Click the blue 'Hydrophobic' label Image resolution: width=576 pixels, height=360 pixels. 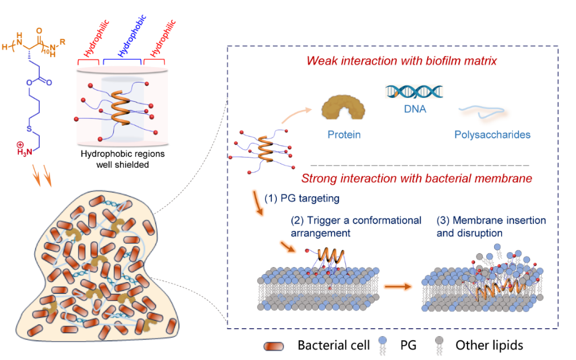point(132,36)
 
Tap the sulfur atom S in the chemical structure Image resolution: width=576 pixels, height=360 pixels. point(29,129)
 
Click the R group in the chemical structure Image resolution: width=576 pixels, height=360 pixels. point(63,42)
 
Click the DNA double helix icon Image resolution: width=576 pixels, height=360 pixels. point(414,92)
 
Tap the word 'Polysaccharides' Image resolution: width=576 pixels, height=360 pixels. point(492,135)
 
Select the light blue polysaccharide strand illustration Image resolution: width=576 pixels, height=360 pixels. point(482,111)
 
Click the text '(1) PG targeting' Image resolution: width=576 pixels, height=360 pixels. point(302,198)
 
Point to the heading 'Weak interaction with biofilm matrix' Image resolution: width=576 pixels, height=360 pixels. point(401,61)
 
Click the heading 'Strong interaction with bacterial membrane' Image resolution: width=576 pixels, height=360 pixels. point(417,179)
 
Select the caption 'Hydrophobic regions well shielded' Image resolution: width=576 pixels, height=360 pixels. point(122,159)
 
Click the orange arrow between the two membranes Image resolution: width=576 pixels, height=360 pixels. point(398,287)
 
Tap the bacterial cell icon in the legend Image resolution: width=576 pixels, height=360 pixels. point(274,346)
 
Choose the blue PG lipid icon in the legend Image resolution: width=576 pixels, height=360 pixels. point(383,345)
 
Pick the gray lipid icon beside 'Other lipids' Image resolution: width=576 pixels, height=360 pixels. point(439,345)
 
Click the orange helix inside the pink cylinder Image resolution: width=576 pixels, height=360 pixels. point(121,107)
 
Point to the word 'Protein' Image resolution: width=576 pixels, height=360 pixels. point(344,135)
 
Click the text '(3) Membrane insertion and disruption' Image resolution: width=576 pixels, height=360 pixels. point(491,227)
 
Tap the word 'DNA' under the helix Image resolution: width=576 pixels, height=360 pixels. point(415,109)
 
